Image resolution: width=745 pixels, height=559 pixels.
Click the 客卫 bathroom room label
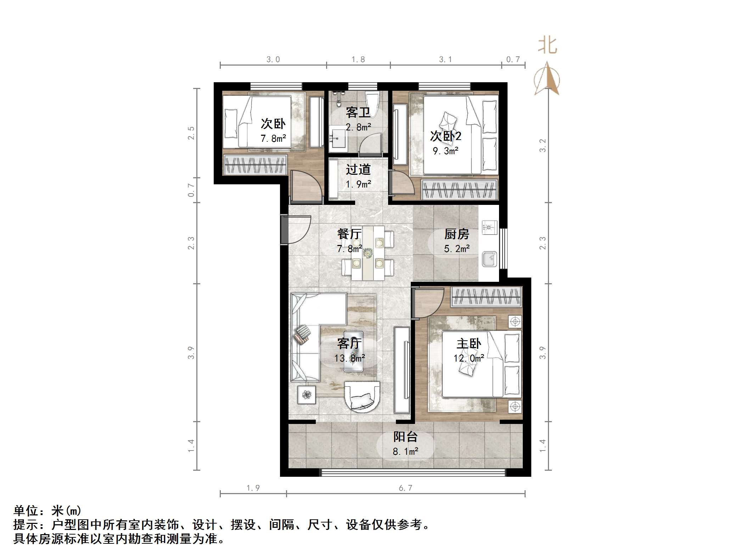click(358, 113)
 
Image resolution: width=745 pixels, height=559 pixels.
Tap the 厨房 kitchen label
click(456, 234)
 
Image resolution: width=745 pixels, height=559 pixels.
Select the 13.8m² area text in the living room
click(349, 358)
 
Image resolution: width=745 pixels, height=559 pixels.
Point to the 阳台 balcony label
click(405, 437)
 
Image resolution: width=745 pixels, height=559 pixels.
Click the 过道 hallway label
click(358, 169)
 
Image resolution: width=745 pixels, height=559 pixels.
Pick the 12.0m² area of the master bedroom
click(469, 358)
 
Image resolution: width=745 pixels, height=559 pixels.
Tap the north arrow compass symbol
click(547, 80)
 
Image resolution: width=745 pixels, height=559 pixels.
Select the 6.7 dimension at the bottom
click(405, 488)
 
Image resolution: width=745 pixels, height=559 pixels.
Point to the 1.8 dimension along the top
click(358, 60)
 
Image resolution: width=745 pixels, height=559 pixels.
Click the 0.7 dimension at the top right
click(513, 60)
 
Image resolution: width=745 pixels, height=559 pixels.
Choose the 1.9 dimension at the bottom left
click(253, 488)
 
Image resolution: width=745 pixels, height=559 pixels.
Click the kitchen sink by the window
click(489, 259)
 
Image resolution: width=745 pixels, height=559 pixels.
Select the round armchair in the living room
click(362, 396)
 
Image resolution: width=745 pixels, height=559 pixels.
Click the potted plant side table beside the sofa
click(307, 394)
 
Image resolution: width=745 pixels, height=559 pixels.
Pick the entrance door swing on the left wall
click(296, 229)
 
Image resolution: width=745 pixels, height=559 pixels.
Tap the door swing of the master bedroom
click(428, 303)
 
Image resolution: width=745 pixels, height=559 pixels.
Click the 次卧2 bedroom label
click(446, 136)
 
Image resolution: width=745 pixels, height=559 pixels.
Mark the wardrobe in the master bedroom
click(486, 297)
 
